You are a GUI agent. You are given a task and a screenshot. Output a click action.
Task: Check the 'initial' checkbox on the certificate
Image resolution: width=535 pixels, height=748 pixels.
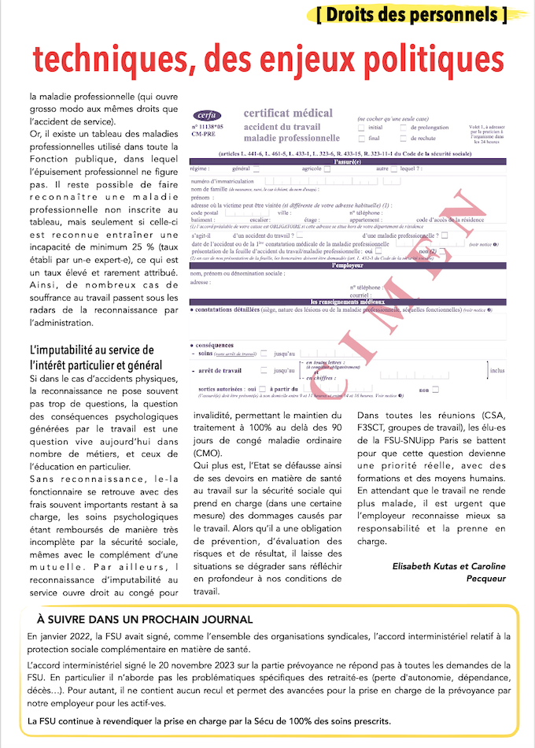(x=361, y=127)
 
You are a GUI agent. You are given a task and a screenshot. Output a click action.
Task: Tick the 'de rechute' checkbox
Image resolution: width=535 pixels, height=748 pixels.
(x=404, y=138)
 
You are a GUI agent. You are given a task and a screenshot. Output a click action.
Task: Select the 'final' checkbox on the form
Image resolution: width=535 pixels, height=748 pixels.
(x=361, y=138)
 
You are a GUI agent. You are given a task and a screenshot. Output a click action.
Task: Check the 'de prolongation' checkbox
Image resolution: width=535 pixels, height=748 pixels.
(x=404, y=127)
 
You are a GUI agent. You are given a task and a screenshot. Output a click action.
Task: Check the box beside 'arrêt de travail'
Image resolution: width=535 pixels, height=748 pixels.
(x=264, y=370)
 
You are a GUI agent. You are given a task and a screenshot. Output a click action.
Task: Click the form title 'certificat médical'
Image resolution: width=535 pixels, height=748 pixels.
(x=288, y=113)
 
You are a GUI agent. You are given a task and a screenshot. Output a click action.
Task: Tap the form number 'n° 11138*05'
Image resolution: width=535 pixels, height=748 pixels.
(x=205, y=126)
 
